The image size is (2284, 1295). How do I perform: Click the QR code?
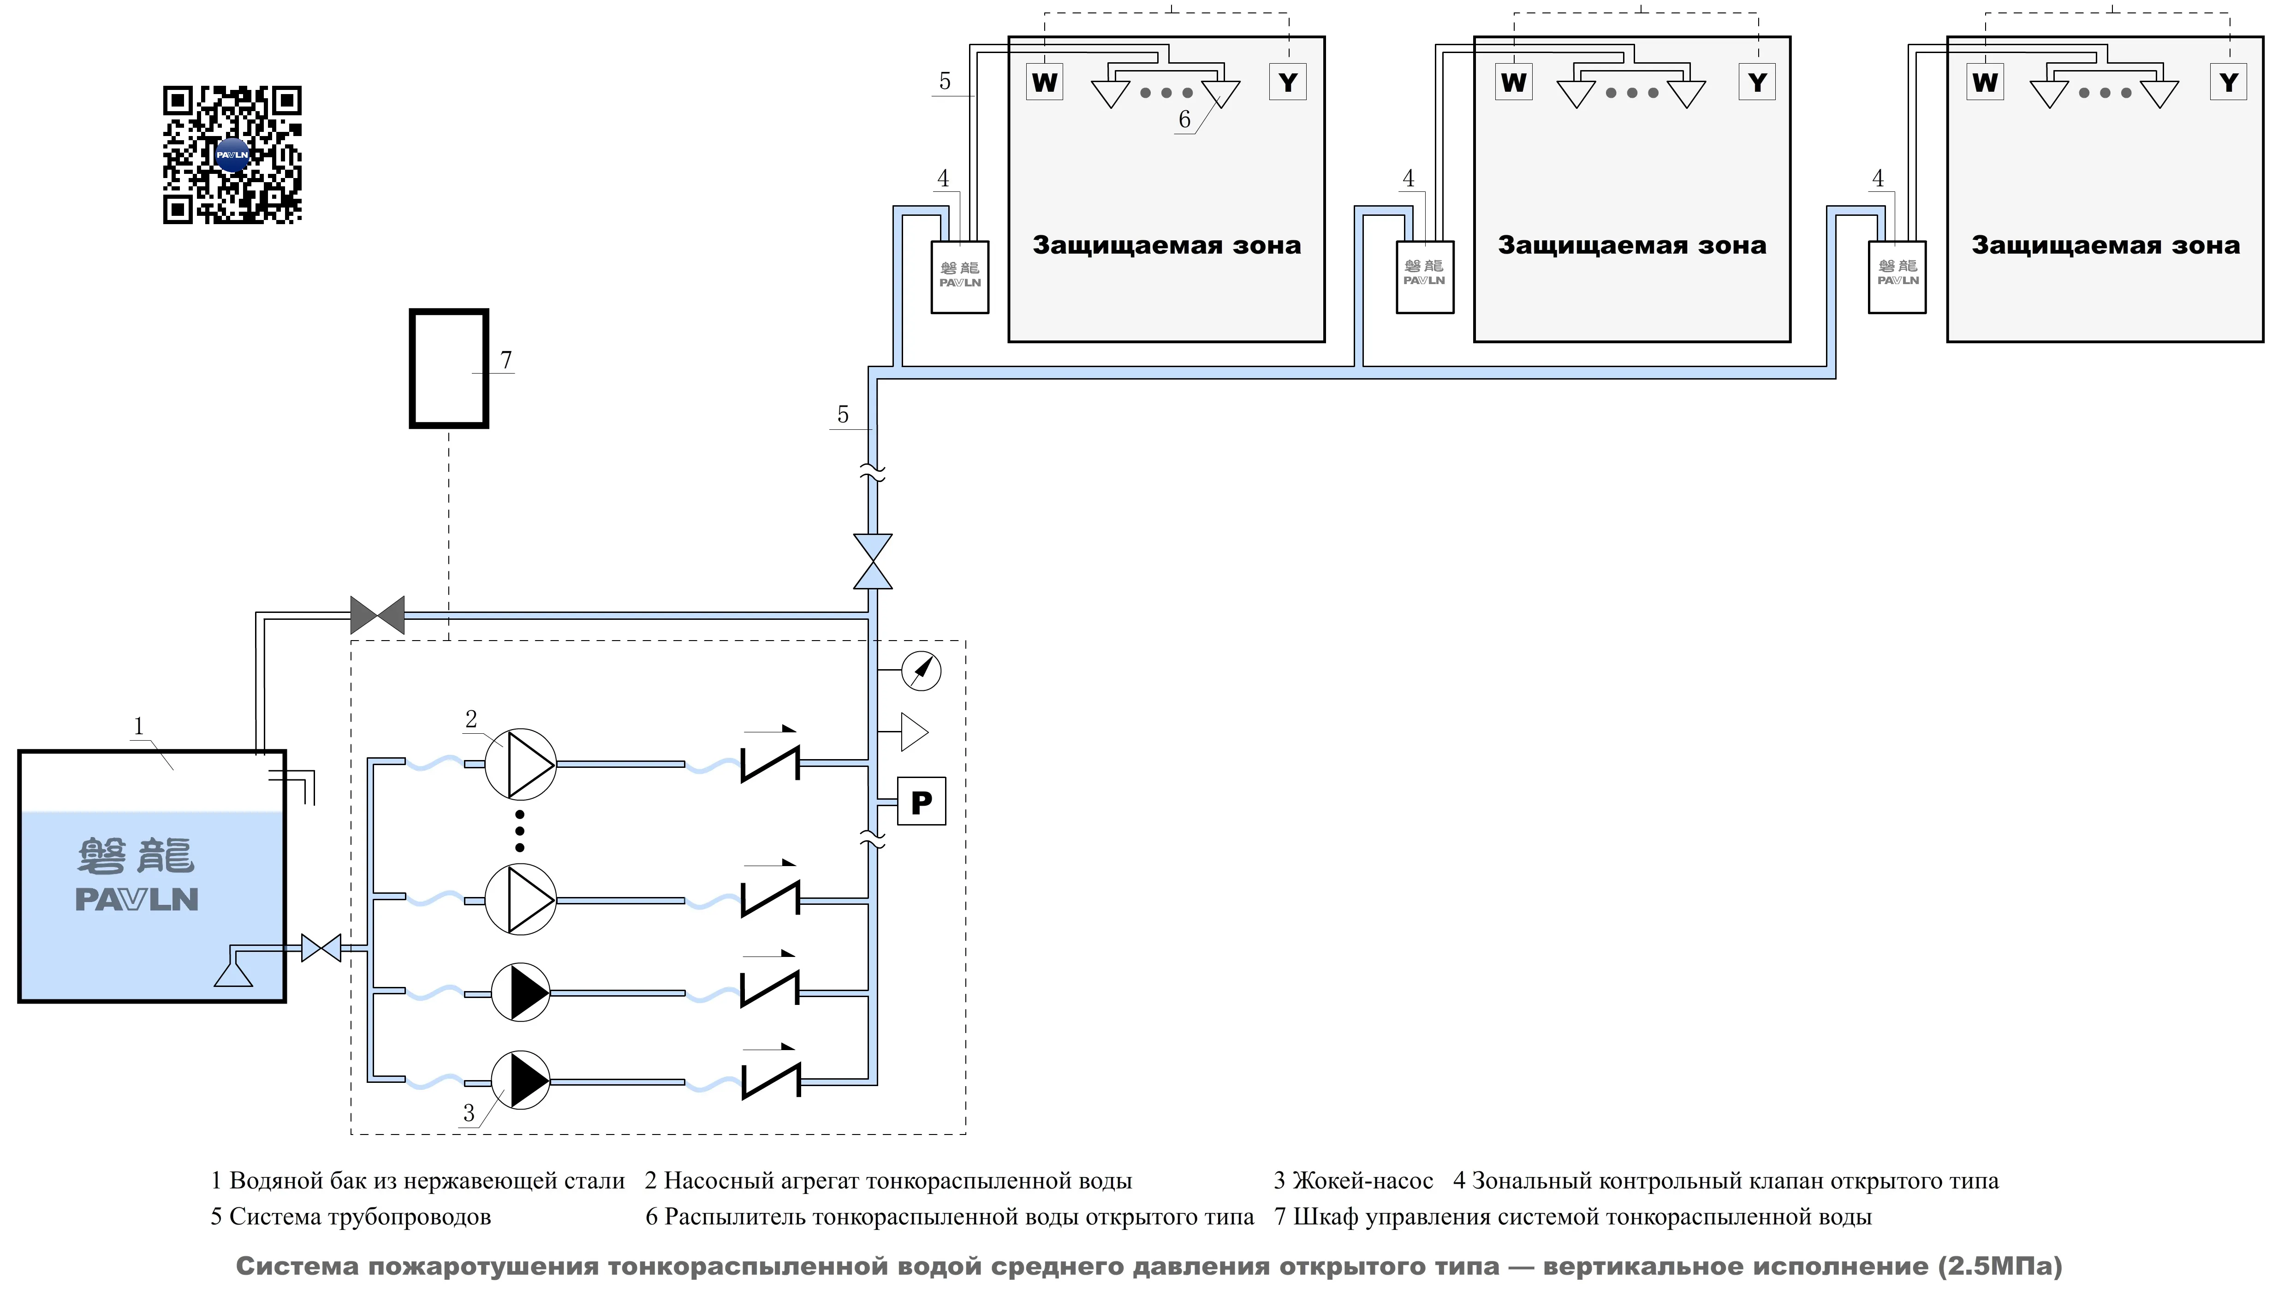coord(232,155)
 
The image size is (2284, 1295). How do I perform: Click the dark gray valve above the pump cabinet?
coord(377,615)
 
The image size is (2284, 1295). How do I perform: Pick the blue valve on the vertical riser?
coord(873,561)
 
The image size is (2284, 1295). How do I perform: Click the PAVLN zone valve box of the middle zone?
coord(1425,277)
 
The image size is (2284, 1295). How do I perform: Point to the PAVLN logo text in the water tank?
coord(137,899)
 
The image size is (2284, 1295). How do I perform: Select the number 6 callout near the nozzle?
coord(1184,119)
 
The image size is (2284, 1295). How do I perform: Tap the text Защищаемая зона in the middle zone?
coord(1631,245)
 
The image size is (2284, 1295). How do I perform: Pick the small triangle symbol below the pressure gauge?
coord(913,732)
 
